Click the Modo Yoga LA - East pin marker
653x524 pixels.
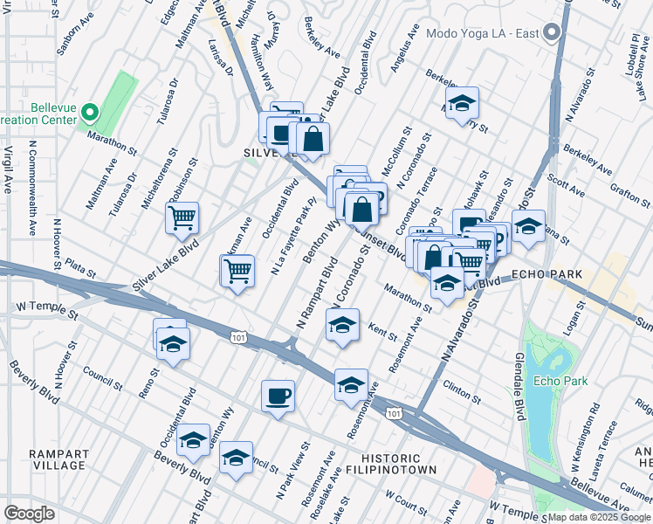[551, 33]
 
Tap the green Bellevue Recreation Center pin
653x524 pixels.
[90, 114]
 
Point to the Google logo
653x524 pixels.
[30, 514]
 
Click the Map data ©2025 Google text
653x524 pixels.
[598, 517]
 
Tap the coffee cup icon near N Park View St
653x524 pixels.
[278, 396]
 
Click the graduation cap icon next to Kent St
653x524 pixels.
[342, 326]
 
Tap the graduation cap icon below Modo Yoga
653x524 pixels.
[462, 103]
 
